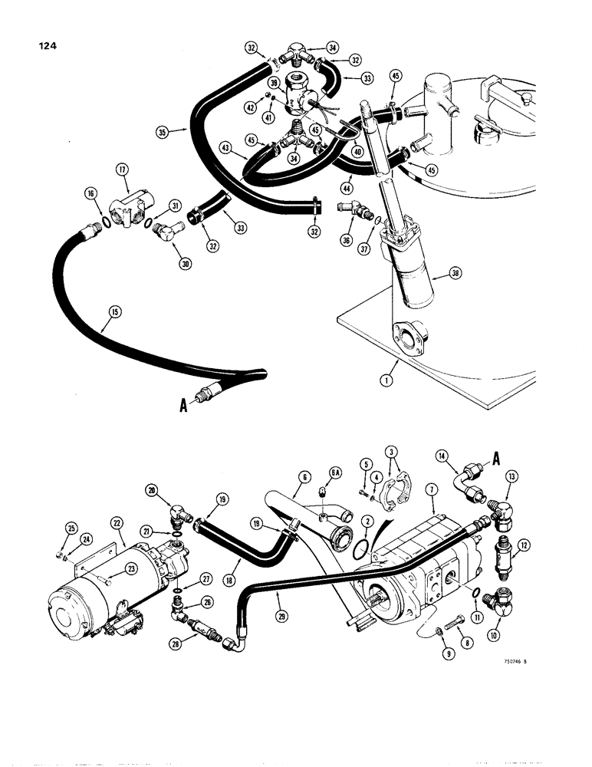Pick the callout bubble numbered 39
coord(272,82)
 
